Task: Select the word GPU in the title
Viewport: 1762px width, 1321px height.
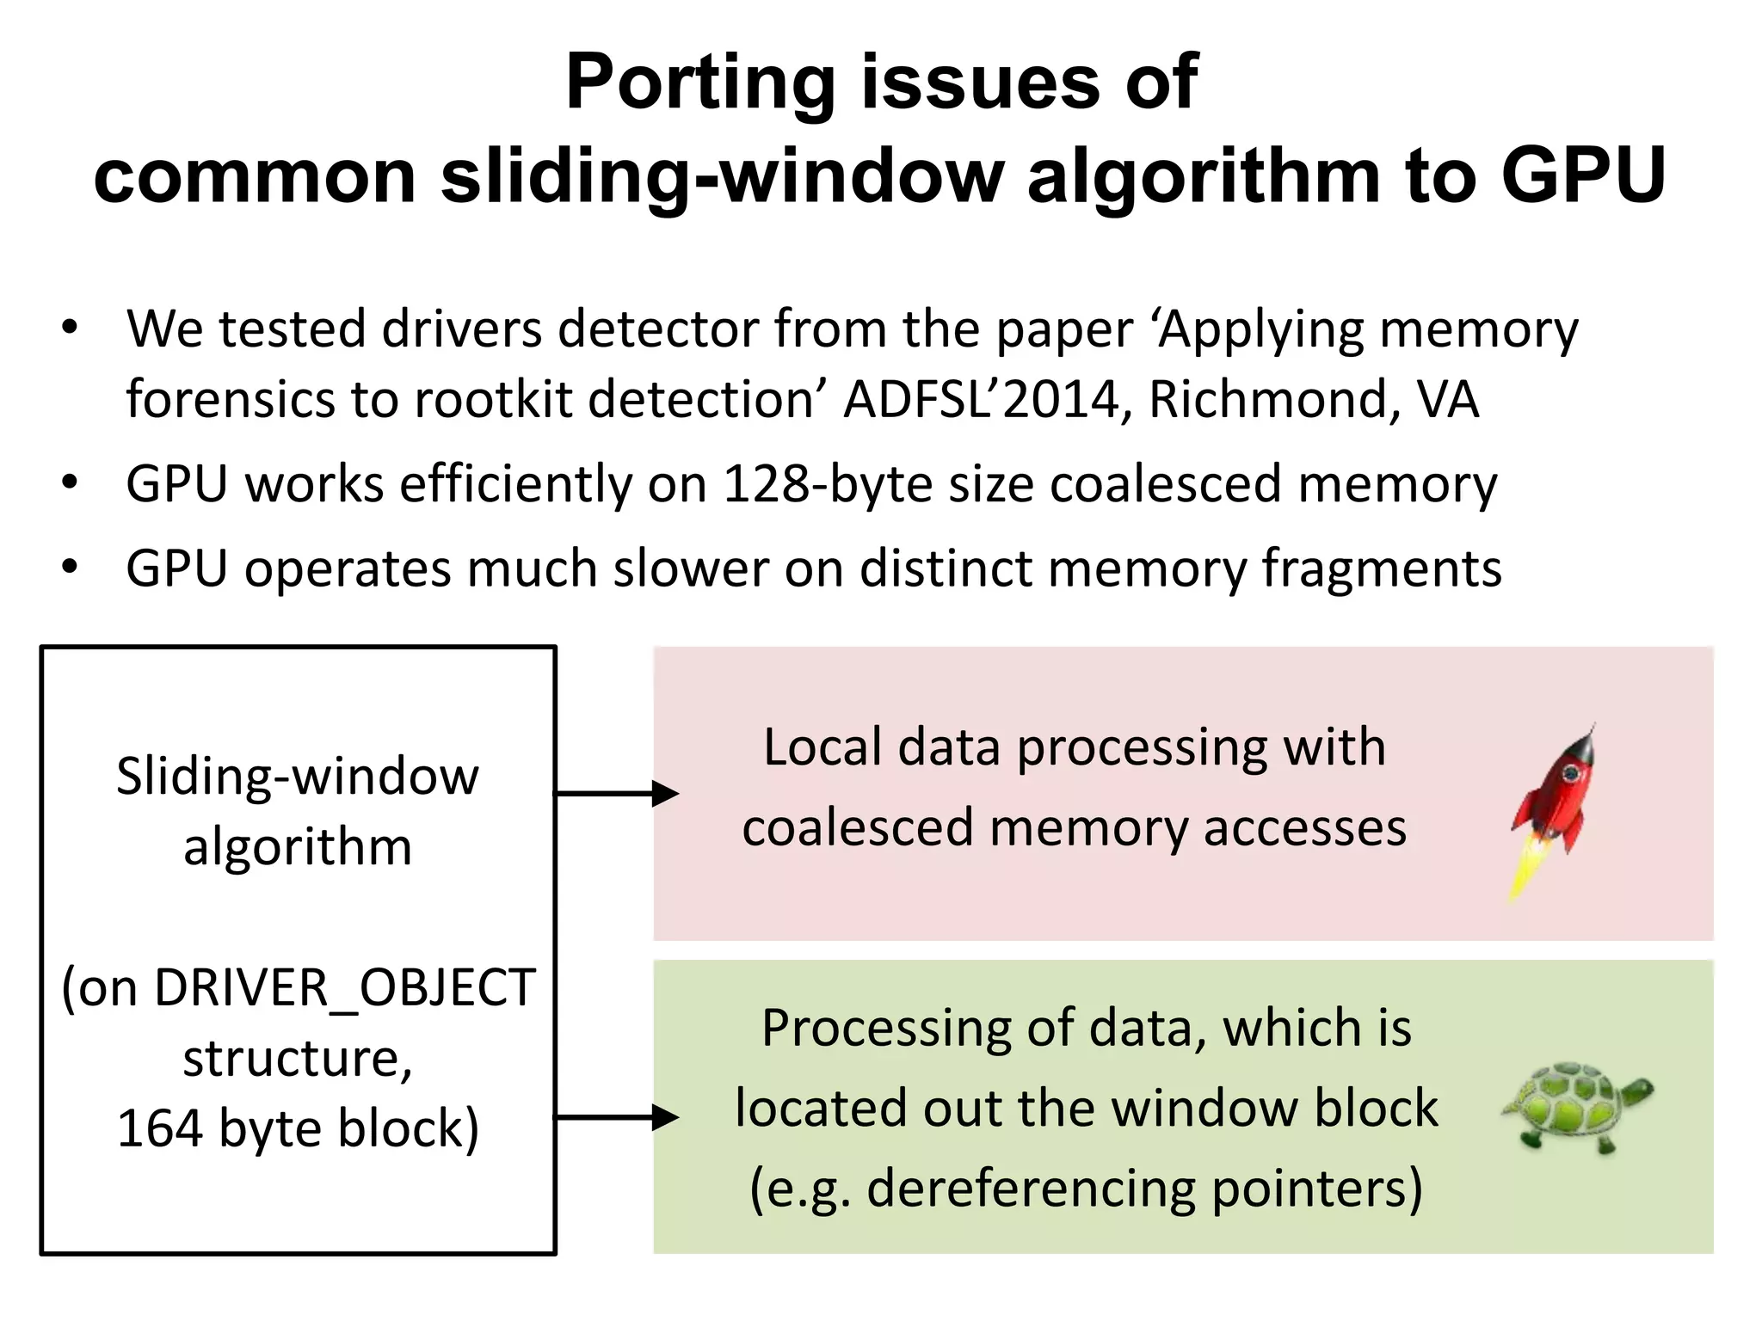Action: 1582,175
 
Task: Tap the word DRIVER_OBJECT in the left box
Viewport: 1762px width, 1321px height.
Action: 345,987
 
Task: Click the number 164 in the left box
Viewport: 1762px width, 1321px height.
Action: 159,1127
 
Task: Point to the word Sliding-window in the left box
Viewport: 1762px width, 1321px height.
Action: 298,776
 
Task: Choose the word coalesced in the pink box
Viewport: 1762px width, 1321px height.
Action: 857,827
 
